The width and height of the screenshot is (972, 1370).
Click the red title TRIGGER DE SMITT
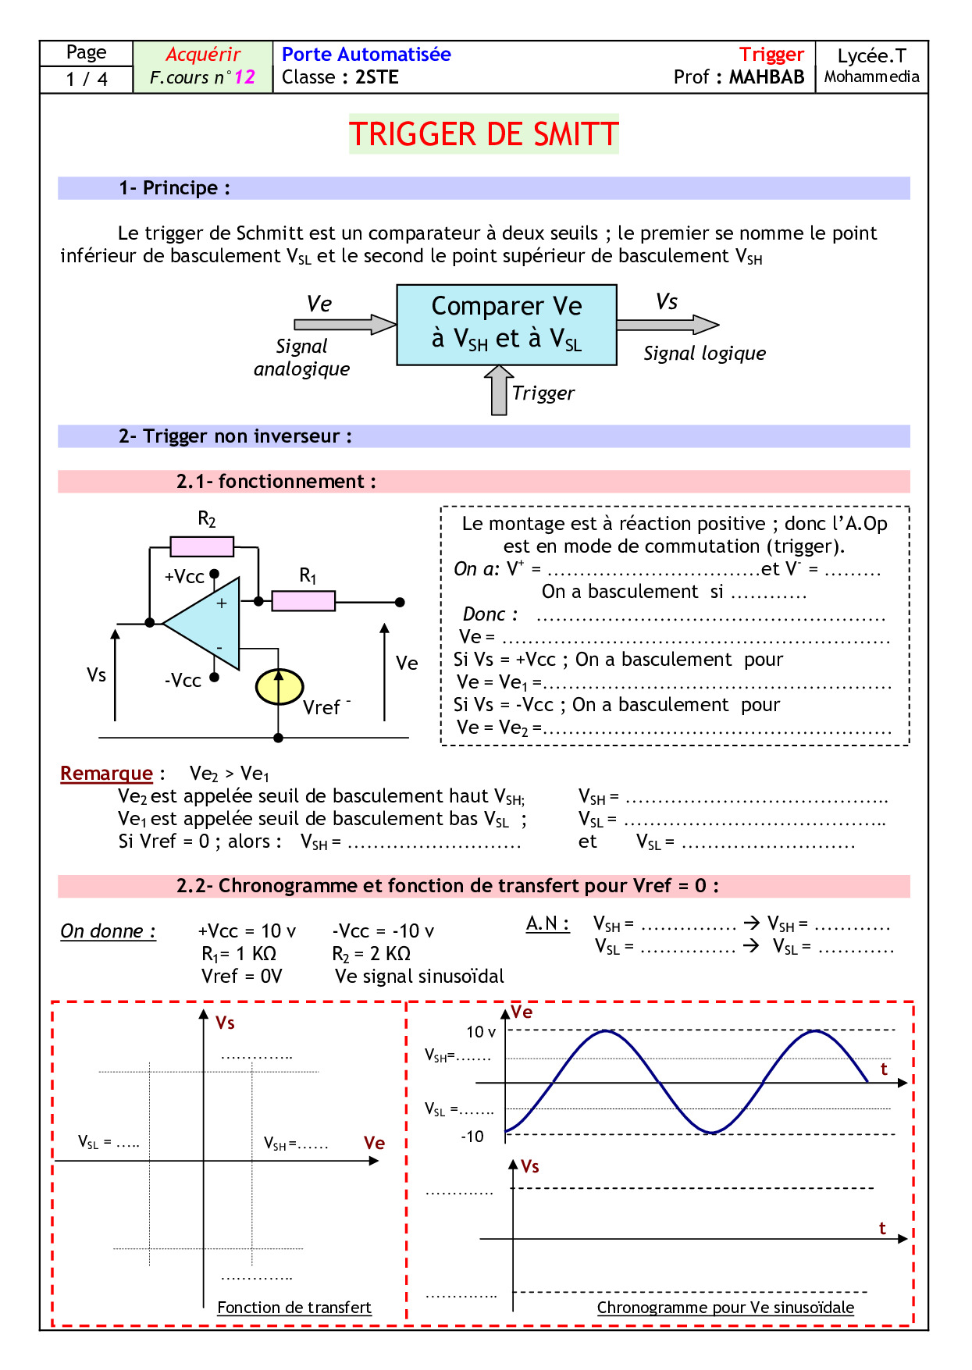point(483,134)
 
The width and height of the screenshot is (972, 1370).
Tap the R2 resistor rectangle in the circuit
point(201,546)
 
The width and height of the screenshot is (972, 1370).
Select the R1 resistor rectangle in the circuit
point(303,601)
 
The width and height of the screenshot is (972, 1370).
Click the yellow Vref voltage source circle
point(279,687)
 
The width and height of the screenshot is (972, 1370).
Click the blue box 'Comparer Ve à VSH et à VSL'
point(507,325)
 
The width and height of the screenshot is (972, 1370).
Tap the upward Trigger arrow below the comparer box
point(498,390)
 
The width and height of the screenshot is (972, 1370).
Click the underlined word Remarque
point(106,774)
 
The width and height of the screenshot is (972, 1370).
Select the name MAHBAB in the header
point(767,77)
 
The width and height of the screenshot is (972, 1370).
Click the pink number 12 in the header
point(244,77)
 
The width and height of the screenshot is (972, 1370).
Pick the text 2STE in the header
point(377,77)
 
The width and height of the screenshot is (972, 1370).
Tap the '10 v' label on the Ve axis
point(481,1032)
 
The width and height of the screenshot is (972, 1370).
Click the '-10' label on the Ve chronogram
point(472,1137)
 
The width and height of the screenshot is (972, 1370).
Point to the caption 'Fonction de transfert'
point(294,1308)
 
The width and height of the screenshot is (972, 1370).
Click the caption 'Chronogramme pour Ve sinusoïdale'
point(725,1308)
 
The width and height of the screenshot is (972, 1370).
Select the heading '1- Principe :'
point(174,188)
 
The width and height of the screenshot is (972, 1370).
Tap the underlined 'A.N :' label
point(547,923)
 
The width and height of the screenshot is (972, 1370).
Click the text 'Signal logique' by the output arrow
point(704,354)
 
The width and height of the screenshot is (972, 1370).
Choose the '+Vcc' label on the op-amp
point(184,577)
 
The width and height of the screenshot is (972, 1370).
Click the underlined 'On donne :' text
point(108,931)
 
